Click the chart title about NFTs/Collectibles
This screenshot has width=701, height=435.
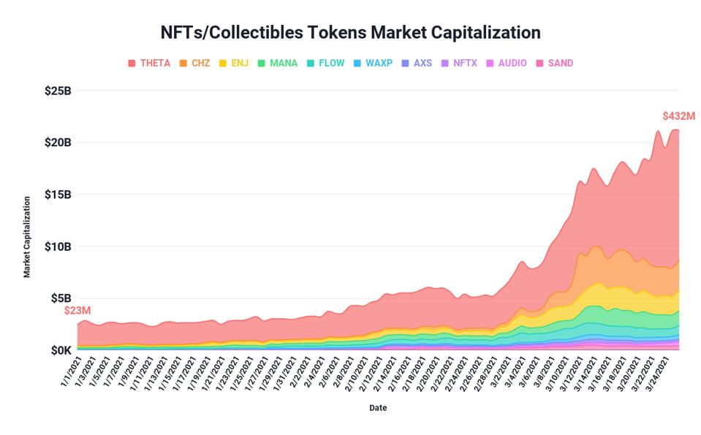[x=350, y=33]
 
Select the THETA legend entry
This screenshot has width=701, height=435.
[x=149, y=63]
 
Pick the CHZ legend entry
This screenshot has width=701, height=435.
[x=194, y=63]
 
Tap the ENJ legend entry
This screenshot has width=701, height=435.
[x=234, y=63]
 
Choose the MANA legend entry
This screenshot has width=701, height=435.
[x=277, y=63]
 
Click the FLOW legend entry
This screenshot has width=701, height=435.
[x=325, y=63]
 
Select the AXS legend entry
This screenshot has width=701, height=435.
[x=417, y=63]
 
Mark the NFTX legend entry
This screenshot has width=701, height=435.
[x=459, y=63]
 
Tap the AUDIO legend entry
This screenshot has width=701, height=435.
[x=507, y=63]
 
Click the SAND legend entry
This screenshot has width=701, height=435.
[x=555, y=63]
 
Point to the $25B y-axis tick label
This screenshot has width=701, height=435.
[x=58, y=91]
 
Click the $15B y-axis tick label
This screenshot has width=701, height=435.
[x=58, y=194]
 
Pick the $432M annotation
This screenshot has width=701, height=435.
[x=678, y=116]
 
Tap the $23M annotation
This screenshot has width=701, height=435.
[x=77, y=311]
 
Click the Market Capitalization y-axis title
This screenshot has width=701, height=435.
[x=27, y=237]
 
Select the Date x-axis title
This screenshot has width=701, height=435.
[x=378, y=408]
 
